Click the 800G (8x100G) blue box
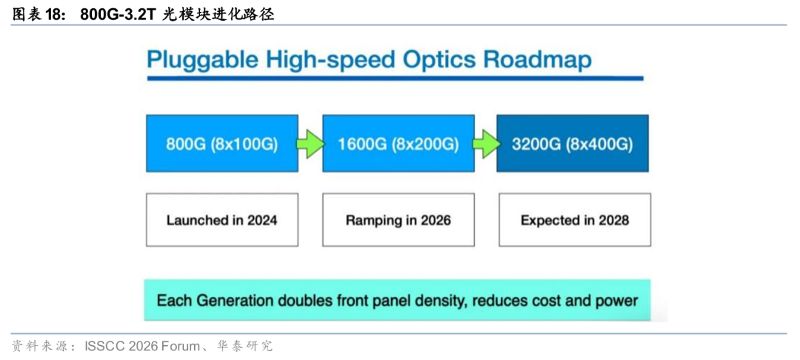222,143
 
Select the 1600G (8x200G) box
399,143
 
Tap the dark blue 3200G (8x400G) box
573,143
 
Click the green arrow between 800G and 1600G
310,144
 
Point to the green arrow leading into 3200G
485,144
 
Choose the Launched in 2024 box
222,220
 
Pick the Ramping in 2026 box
399,220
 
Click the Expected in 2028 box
575,220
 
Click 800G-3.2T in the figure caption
118,15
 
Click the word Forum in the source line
180,347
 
